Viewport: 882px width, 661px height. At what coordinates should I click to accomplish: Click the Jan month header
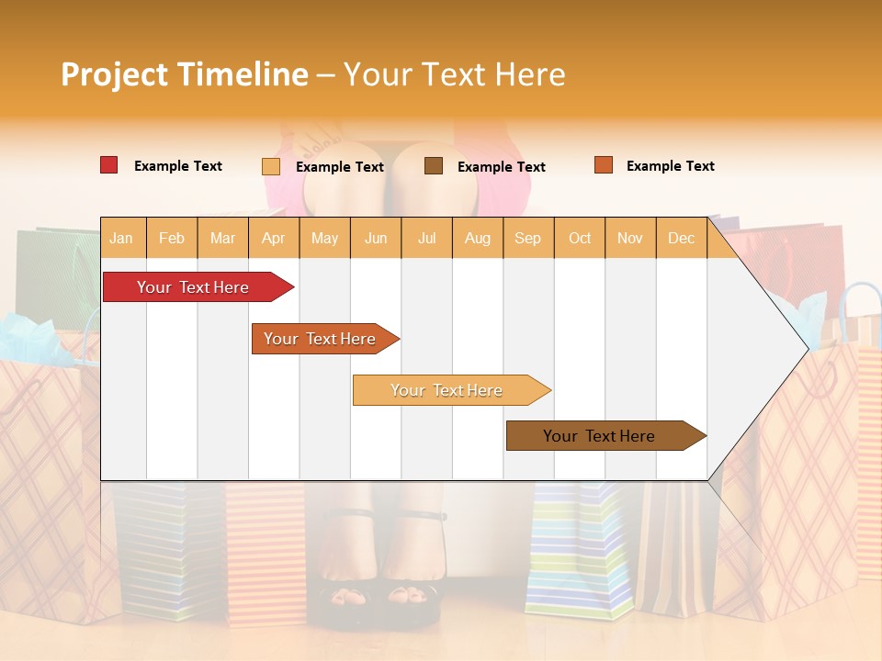click(x=122, y=238)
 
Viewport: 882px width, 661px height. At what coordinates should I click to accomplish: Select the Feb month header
click(x=172, y=238)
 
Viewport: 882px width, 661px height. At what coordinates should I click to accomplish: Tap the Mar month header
click(x=222, y=238)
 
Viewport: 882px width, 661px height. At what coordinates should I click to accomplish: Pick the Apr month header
click(x=273, y=238)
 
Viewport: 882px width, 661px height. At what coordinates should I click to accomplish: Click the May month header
click(x=324, y=238)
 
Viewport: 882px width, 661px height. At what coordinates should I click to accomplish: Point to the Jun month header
click(x=376, y=238)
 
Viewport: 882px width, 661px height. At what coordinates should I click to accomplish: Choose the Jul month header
click(x=426, y=238)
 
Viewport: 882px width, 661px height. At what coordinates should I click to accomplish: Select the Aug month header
click(x=477, y=238)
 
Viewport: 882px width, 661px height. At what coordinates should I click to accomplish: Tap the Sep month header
click(x=527, y=238)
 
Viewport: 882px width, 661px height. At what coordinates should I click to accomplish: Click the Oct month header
click(x=580, y=238)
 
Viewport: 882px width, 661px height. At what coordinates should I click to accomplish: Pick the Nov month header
click(x=630, y=238)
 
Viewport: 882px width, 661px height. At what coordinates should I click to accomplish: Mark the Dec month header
click(x=681, y=238)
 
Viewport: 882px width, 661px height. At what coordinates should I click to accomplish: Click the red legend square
click(x=109, y=165)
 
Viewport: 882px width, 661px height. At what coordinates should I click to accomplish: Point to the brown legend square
click(x=434, y=166)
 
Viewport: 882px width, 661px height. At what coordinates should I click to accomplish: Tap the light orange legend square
click(x=271, y=166)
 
